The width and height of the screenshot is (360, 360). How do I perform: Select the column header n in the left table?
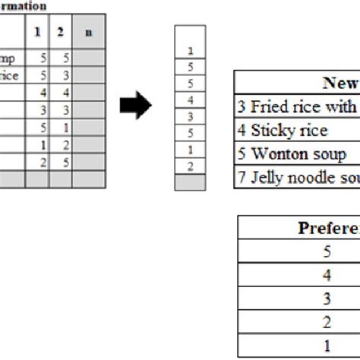click(90, 33)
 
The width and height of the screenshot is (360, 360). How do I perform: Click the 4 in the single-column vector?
click(190, 100)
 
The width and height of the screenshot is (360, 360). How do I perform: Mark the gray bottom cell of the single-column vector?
click(190, 182)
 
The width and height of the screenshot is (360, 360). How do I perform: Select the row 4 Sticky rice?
click(282, 131)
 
